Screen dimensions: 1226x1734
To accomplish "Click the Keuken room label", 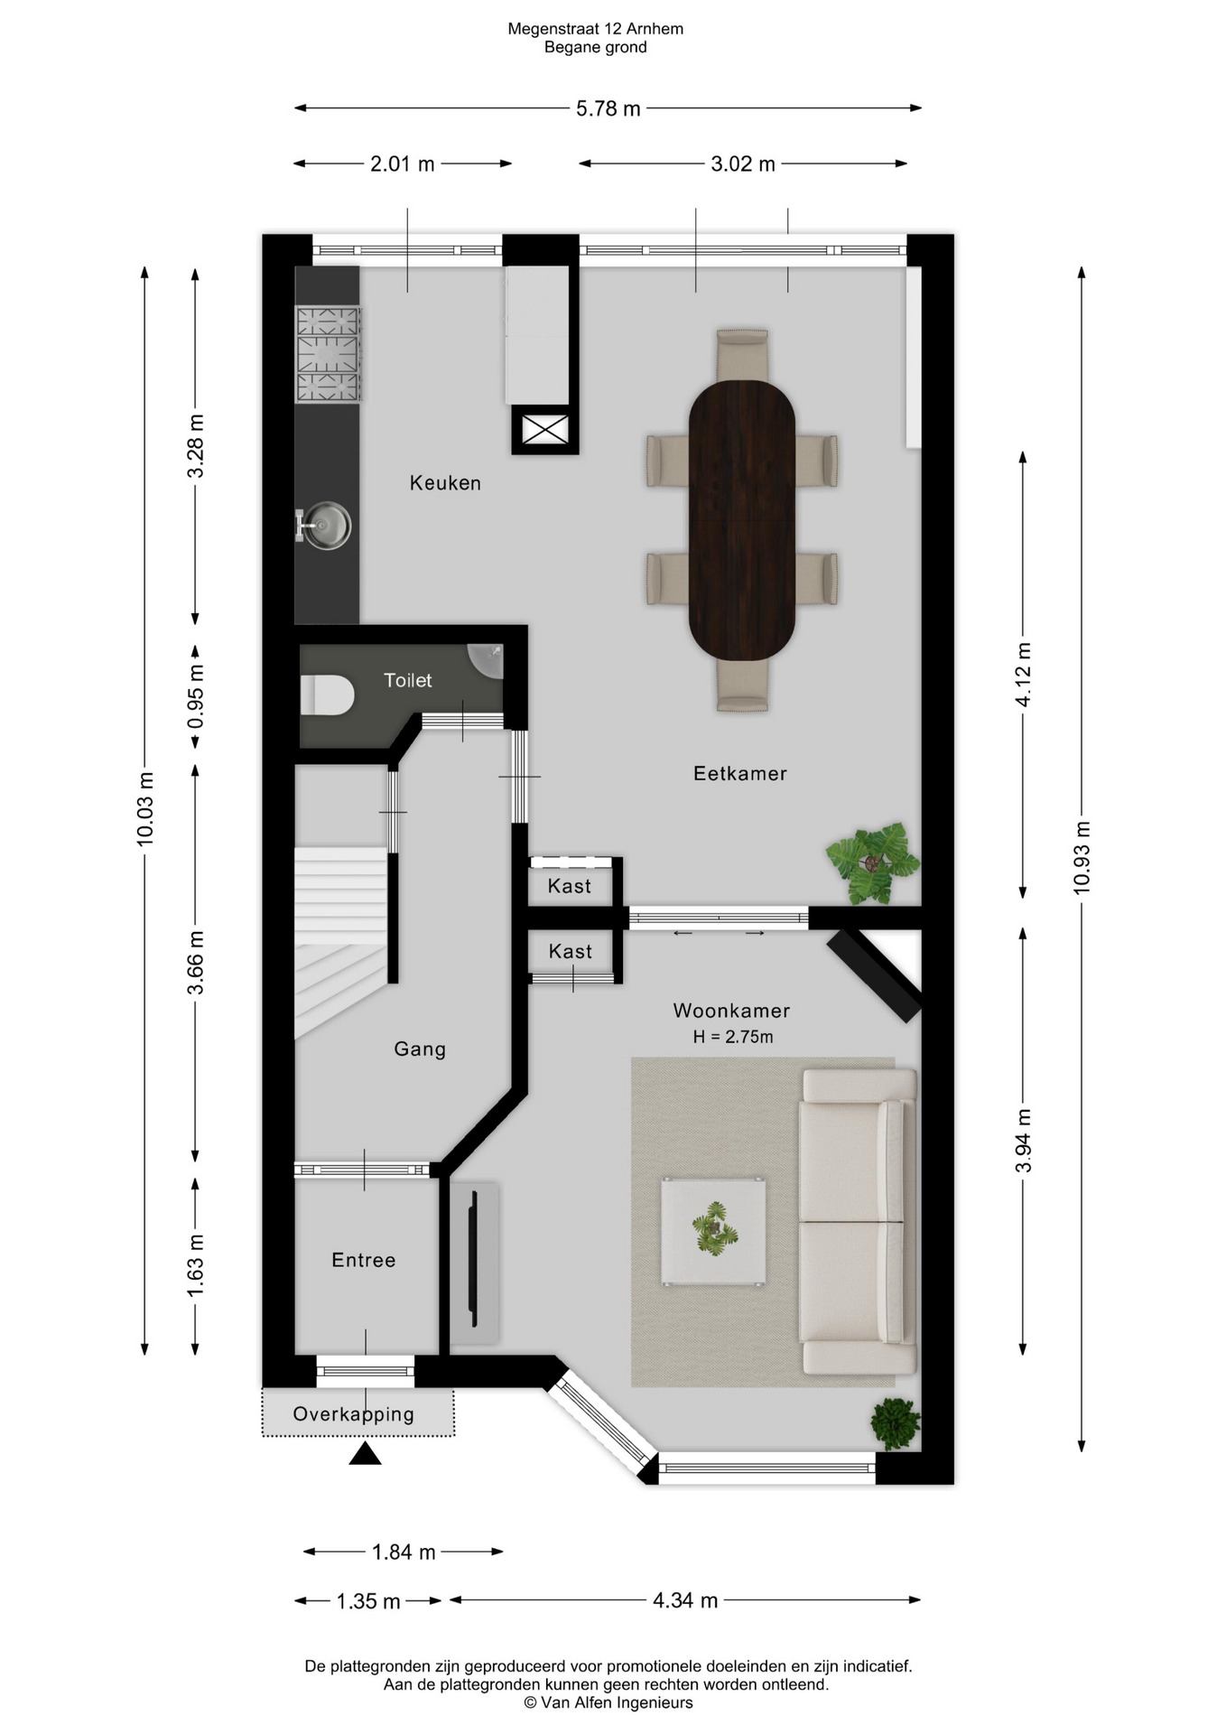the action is pos(445,483).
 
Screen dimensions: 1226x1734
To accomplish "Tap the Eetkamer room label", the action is pos(740,774).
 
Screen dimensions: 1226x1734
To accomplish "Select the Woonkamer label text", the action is pos(731,1011).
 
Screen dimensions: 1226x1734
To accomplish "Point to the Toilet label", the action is pos(408,680).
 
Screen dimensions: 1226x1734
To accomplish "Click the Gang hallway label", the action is pos(420,1049).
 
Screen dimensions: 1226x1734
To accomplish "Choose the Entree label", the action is pos(364,1260).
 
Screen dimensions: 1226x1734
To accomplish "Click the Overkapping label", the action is pos(354,1414).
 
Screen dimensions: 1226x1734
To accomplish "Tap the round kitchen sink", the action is pos(326,525).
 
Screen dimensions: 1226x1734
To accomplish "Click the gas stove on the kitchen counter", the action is pos(329,354).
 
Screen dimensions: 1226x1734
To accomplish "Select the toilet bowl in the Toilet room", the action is pos(327,695).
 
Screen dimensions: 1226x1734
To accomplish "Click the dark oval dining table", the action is pos(742,521).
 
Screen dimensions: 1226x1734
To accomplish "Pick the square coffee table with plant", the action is pos(713,1231).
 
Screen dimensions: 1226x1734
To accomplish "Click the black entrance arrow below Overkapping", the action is pos(365,1453).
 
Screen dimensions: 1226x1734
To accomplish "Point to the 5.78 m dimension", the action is pos(608,108).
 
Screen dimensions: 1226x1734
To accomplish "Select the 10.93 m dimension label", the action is pos(1082,858).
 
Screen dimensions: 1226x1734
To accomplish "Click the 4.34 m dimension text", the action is pos(685,1600).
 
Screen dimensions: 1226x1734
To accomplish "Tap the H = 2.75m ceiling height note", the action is pos(733,1037).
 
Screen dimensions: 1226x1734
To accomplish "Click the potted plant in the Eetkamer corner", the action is pos(872,862).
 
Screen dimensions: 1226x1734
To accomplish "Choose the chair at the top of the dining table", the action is pos(742,355).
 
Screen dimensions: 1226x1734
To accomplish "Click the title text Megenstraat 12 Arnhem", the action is pos(596,29).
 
